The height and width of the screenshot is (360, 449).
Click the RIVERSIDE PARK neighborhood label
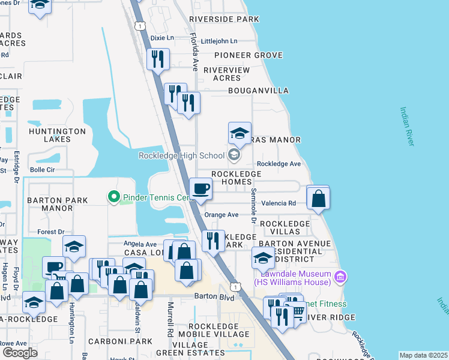click(223, 19)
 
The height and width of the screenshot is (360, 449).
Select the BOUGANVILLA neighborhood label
click(258, 91)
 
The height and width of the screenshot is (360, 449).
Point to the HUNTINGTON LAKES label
click(57, 135)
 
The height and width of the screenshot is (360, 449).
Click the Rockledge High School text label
click(181, 156)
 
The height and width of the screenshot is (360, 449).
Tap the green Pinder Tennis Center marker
click(112, 197)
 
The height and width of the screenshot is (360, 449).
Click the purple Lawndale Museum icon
click(340, 277)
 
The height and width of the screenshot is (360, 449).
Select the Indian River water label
click(407, 126)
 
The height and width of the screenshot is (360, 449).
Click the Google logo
click(20, 352)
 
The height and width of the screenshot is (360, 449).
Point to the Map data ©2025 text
click(423, 355)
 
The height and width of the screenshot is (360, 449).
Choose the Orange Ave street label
click(221, 215)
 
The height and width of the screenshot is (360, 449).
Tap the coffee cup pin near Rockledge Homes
click(200, 189)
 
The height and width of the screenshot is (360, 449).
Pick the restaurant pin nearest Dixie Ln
click(158, 59)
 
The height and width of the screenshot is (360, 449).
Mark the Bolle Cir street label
click(43, 170)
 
